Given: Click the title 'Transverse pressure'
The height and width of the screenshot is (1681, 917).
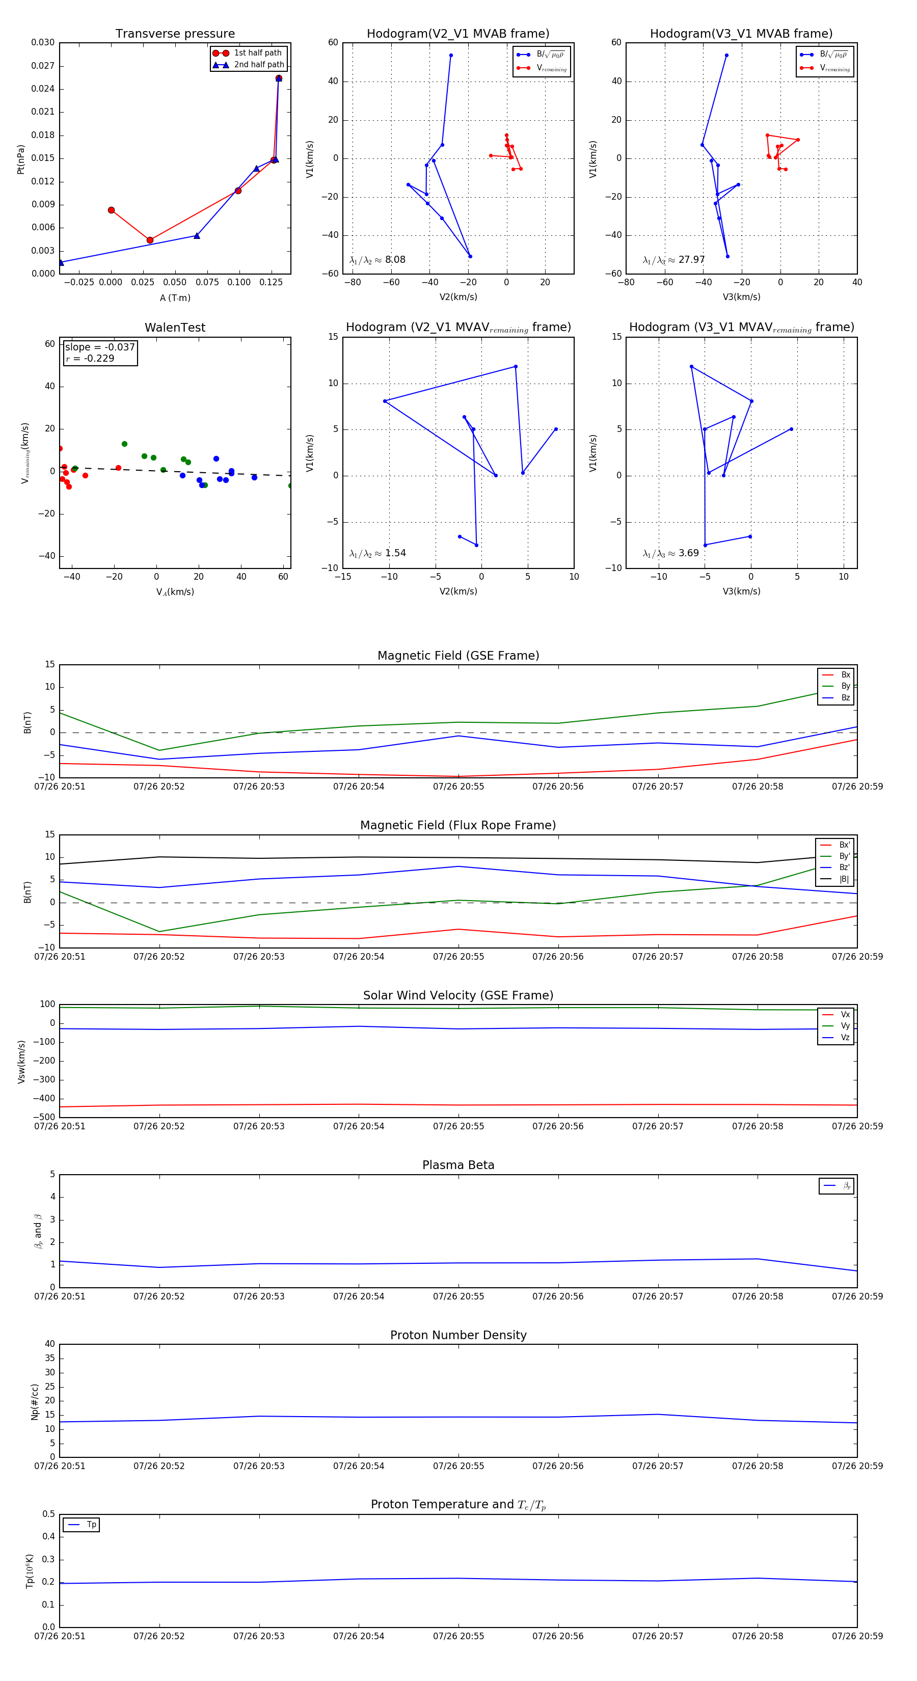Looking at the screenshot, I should click(x=175, y=34).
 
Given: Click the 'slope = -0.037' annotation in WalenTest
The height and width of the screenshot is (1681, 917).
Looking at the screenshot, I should click(x=100, y=347).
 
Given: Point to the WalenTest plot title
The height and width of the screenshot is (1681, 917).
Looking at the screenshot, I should click(x=175, y=328).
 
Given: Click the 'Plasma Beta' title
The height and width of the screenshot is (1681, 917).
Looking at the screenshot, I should click(x=458, y=1165).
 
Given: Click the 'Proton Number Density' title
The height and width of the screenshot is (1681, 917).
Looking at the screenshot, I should click(x=458, y=1335).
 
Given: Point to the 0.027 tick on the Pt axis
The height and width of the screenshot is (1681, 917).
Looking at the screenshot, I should click(x=43, y=66).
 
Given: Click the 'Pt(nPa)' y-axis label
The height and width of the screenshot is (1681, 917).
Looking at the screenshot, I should click(x=21, y=159).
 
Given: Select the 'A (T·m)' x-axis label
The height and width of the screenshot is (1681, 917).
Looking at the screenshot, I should click(x=175, y=298).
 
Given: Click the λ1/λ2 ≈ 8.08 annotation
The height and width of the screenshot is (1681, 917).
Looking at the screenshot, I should click(x=377, y=260).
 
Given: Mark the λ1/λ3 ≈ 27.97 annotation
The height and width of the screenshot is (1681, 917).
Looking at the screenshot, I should click(x=673, y=260).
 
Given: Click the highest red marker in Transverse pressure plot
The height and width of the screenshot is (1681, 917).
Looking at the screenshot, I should click(x=279, y=78).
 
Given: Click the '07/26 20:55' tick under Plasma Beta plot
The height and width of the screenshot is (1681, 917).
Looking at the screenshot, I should click(x=458, y=1296).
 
